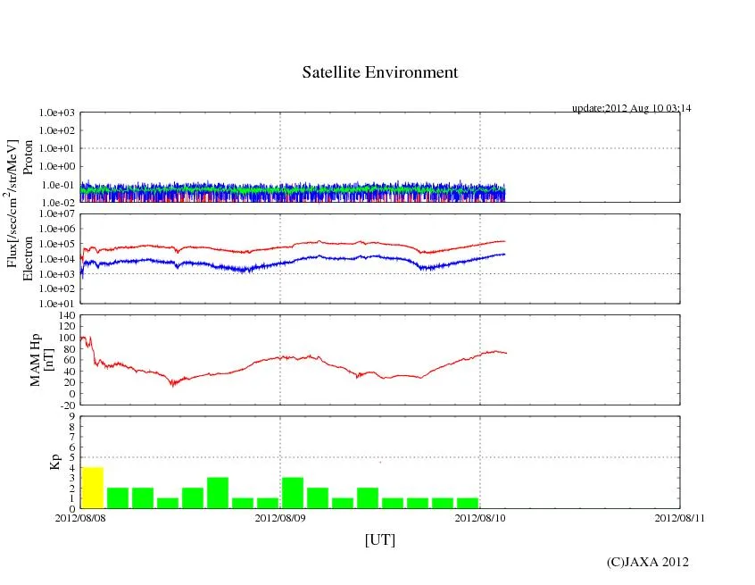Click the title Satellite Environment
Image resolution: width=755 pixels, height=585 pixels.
pyautogui.click(x=379, y=72)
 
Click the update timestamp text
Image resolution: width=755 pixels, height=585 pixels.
pyautogui.click(x=631, y=108)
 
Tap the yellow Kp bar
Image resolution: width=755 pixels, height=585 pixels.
pyautogui.click(x=93, y=488)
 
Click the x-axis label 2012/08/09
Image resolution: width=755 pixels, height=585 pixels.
pyautogui.click(x=280, y=518)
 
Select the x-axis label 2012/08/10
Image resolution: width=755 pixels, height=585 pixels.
pyautogui.click(x=480, y=518)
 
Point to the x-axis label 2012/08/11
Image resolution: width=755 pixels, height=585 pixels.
pyautogui.click(x=679, y=518)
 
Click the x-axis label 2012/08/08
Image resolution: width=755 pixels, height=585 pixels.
pyautogui.click(x=80, y=518)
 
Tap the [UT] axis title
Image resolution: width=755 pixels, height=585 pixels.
pyautogui.click(x=379, y=540)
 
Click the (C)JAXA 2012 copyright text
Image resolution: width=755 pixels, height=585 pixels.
pyautogui.click(x=647, y=562)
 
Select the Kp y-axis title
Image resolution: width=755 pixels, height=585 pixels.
pyautogui.click(x=53, y=462)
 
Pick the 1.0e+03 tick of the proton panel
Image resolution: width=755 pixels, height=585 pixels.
pyautogui.click(x=59, y=113)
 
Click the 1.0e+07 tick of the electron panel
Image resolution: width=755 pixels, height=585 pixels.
pyautogui.click(x=59, y=215)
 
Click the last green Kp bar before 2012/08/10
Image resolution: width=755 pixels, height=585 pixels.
pyautogui.click(x=467, y=503)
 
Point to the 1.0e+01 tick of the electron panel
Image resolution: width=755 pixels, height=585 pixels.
pyautogui.click(x=59, y=303)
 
